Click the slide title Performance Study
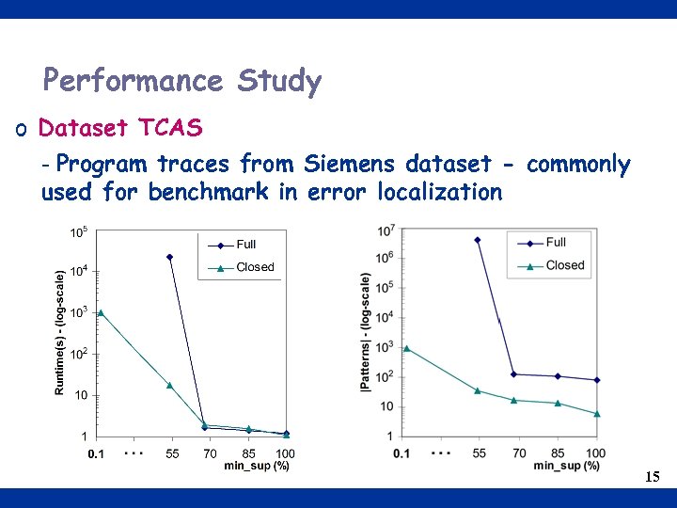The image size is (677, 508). pyautogui.click(x=182, y=81)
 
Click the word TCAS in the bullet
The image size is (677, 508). pyautogui.click(x=170, y=127)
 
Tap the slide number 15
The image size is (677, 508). pyautogui.click(x=653, y=477)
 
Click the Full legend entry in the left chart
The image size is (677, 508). pyautogui.click(x=245, y=245)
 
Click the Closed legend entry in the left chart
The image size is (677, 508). pyautogui.click(x=255, y=267)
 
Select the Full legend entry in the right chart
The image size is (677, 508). pyautogui.click(x=556, y=243)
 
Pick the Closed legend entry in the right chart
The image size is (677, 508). pyautogui.click(x=564, y=265)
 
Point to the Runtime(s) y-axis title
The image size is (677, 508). pyautogui.click(x=60, y=332)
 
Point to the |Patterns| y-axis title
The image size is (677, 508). pyautogui.click(x=365, y=332)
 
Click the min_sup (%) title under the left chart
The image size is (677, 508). pyautogui.click(x=257, y=466)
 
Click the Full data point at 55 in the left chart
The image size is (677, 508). pyautogui.click(x=170, y=257)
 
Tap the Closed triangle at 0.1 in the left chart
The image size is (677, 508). pyautogui.click(x=101, y=312)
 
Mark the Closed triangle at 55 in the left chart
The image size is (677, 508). pyautogui.click(x=170, y=385)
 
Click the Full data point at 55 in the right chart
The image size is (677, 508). pyautogui.click(x=478, y=240)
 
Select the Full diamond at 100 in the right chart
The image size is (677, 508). pyautogui.click(x=597, y=380)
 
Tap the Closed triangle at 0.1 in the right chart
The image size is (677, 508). pyautogui.click(x=406, y=348)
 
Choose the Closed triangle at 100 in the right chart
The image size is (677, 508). pyautogui.click(x=597, y=414)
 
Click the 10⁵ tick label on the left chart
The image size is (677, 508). pyautogui.click(x=80, y=232)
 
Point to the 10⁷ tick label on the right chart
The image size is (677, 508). pyautogui.click(x=386, y=230)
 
